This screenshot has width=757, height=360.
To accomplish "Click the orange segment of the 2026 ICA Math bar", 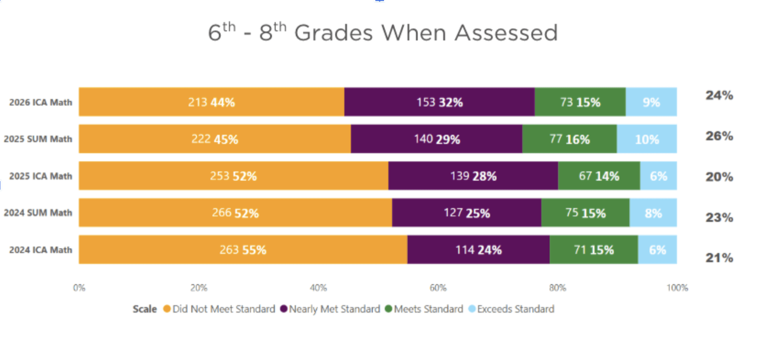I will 211,102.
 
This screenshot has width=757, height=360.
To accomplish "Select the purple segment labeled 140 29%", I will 436,139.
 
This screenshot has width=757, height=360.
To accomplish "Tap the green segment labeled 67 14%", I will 599,176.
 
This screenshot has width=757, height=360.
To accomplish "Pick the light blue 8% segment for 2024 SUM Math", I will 653,213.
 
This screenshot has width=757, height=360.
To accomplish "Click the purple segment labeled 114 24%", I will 478,249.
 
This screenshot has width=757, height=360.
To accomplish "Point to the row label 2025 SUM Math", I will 38,139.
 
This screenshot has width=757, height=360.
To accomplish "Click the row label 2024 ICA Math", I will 41,250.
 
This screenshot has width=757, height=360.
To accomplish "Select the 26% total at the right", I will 719,136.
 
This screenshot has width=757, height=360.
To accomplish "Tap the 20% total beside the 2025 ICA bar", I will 719,177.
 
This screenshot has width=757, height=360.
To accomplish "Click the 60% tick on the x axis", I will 438,288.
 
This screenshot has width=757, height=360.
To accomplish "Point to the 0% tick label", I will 79,288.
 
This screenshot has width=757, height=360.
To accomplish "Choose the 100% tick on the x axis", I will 677,288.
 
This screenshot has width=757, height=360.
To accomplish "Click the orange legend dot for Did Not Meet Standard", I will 167,309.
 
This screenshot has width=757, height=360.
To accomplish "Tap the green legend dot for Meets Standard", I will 388,309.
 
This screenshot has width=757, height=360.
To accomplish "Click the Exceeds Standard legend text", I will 515,309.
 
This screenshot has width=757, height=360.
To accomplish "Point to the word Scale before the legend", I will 144,309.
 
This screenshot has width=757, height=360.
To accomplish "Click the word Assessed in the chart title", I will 506,32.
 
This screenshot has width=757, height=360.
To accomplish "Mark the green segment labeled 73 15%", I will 580,102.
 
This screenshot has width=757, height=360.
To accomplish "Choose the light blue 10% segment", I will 646,139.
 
